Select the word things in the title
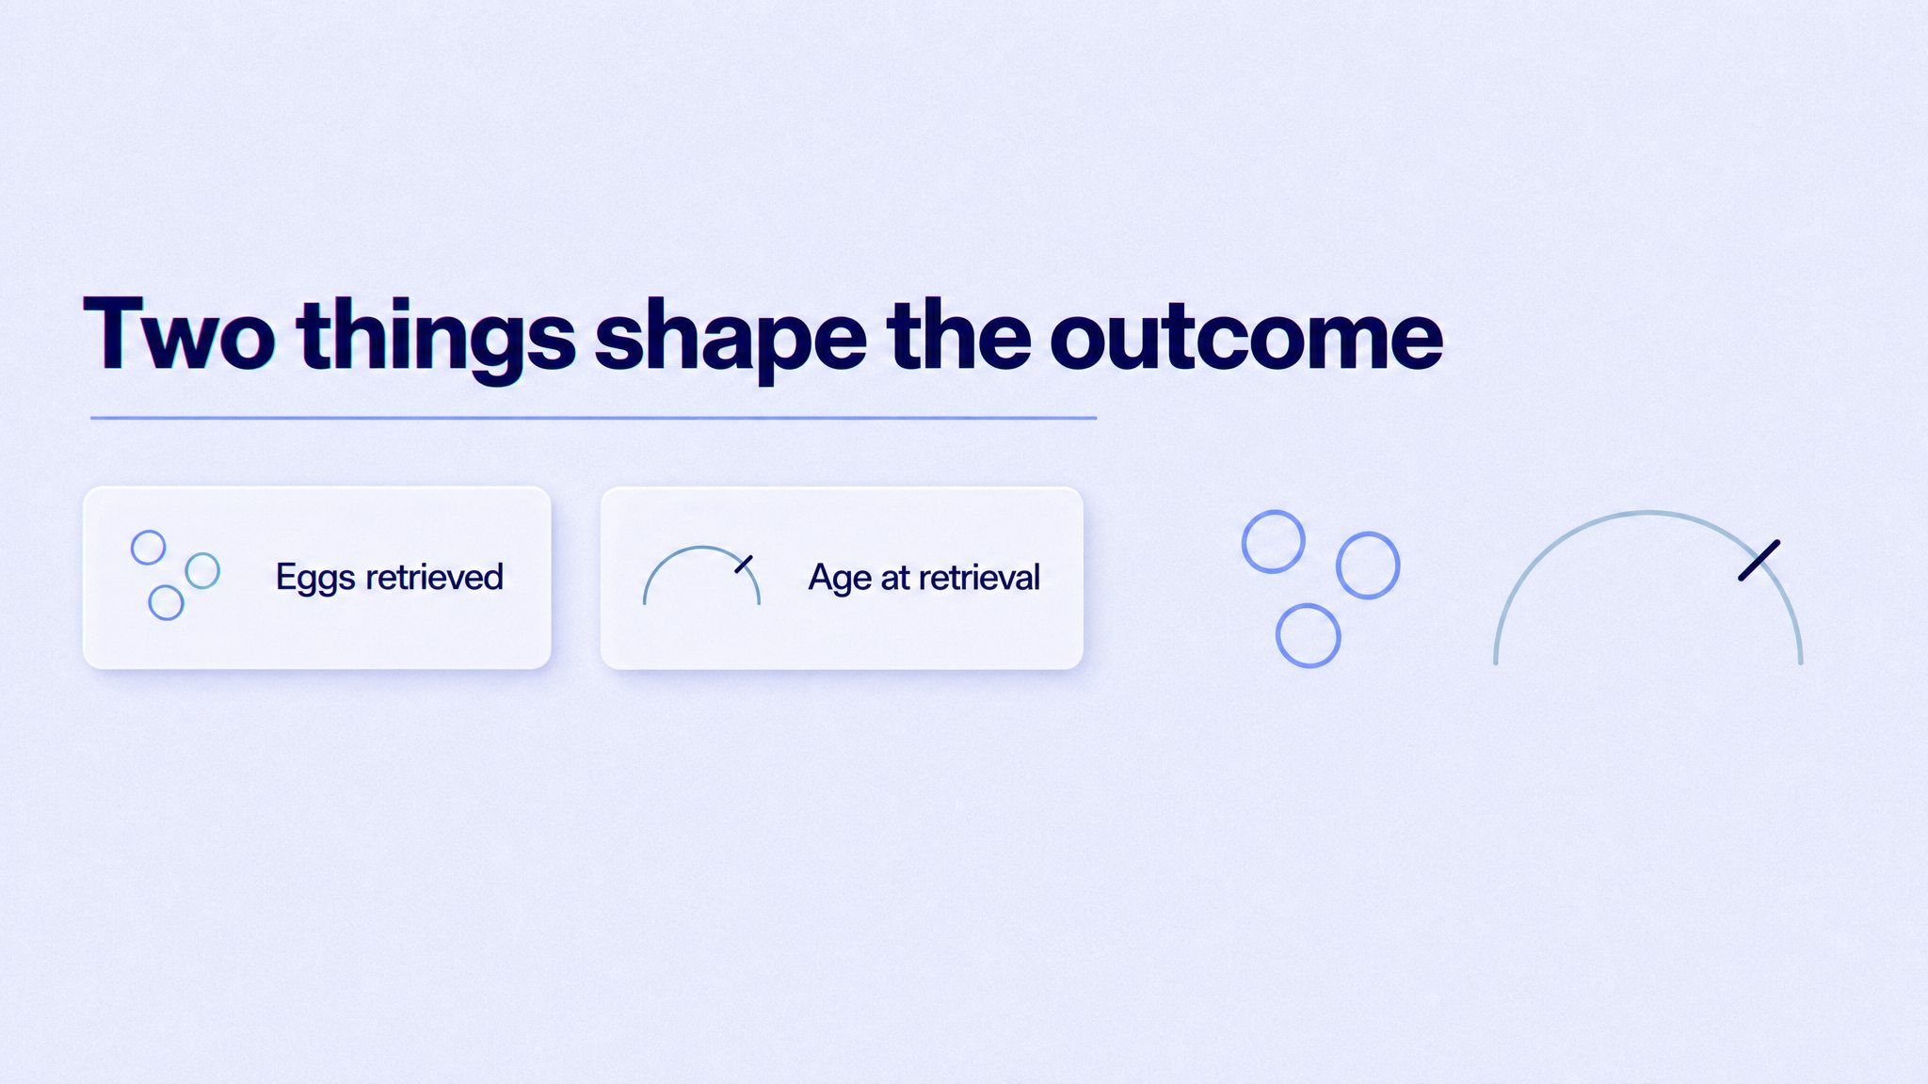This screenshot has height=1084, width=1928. tap(436, 340)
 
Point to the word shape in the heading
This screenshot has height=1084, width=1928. tap(731, 340)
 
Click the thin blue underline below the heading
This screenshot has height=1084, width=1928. tap(593, 417)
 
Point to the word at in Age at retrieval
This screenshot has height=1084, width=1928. tap(894, 578)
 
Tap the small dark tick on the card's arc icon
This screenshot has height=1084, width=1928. tap(744, 564)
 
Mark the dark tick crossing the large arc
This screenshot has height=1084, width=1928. tap(1759, 560)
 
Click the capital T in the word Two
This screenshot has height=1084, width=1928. tap(114, 334)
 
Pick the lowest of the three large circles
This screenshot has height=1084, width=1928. tap(1308, 635)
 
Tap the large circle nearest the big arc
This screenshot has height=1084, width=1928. tap(1368, 566)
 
